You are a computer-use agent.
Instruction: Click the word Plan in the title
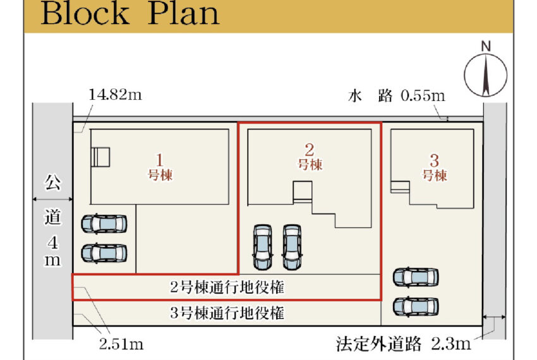pyautogui.click(x=183, y=13)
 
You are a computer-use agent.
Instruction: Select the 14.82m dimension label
pyautogui.click(x=115, y=95)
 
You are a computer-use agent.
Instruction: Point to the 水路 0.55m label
pyautogui.click(x=397, y=96)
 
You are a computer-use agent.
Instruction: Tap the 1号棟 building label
pyautogui.click(x=160, y=167)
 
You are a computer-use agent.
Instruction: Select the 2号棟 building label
pyautogui.click(x=310, y=156)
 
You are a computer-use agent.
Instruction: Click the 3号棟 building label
pyautogui.click(x=435, y=167)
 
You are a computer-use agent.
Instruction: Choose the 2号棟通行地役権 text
pyautogui.click(x=227, y=288)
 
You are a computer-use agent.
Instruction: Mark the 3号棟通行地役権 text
pyautogui.click(x=227, y=312)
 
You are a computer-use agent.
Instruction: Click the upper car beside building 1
pyautogui.click(x=104, y=224)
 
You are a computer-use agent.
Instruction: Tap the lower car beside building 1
pyautogui.click(x=104, y=253)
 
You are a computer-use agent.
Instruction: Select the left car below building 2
pyautogui.click(x=263, y=246)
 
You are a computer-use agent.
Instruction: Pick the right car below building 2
pyautogui.click(x=291, y=246)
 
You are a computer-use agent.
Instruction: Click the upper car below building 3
pyautogui.click(x=415, y=277)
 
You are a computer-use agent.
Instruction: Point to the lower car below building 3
pyautogui.click(x=415, y=306)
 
